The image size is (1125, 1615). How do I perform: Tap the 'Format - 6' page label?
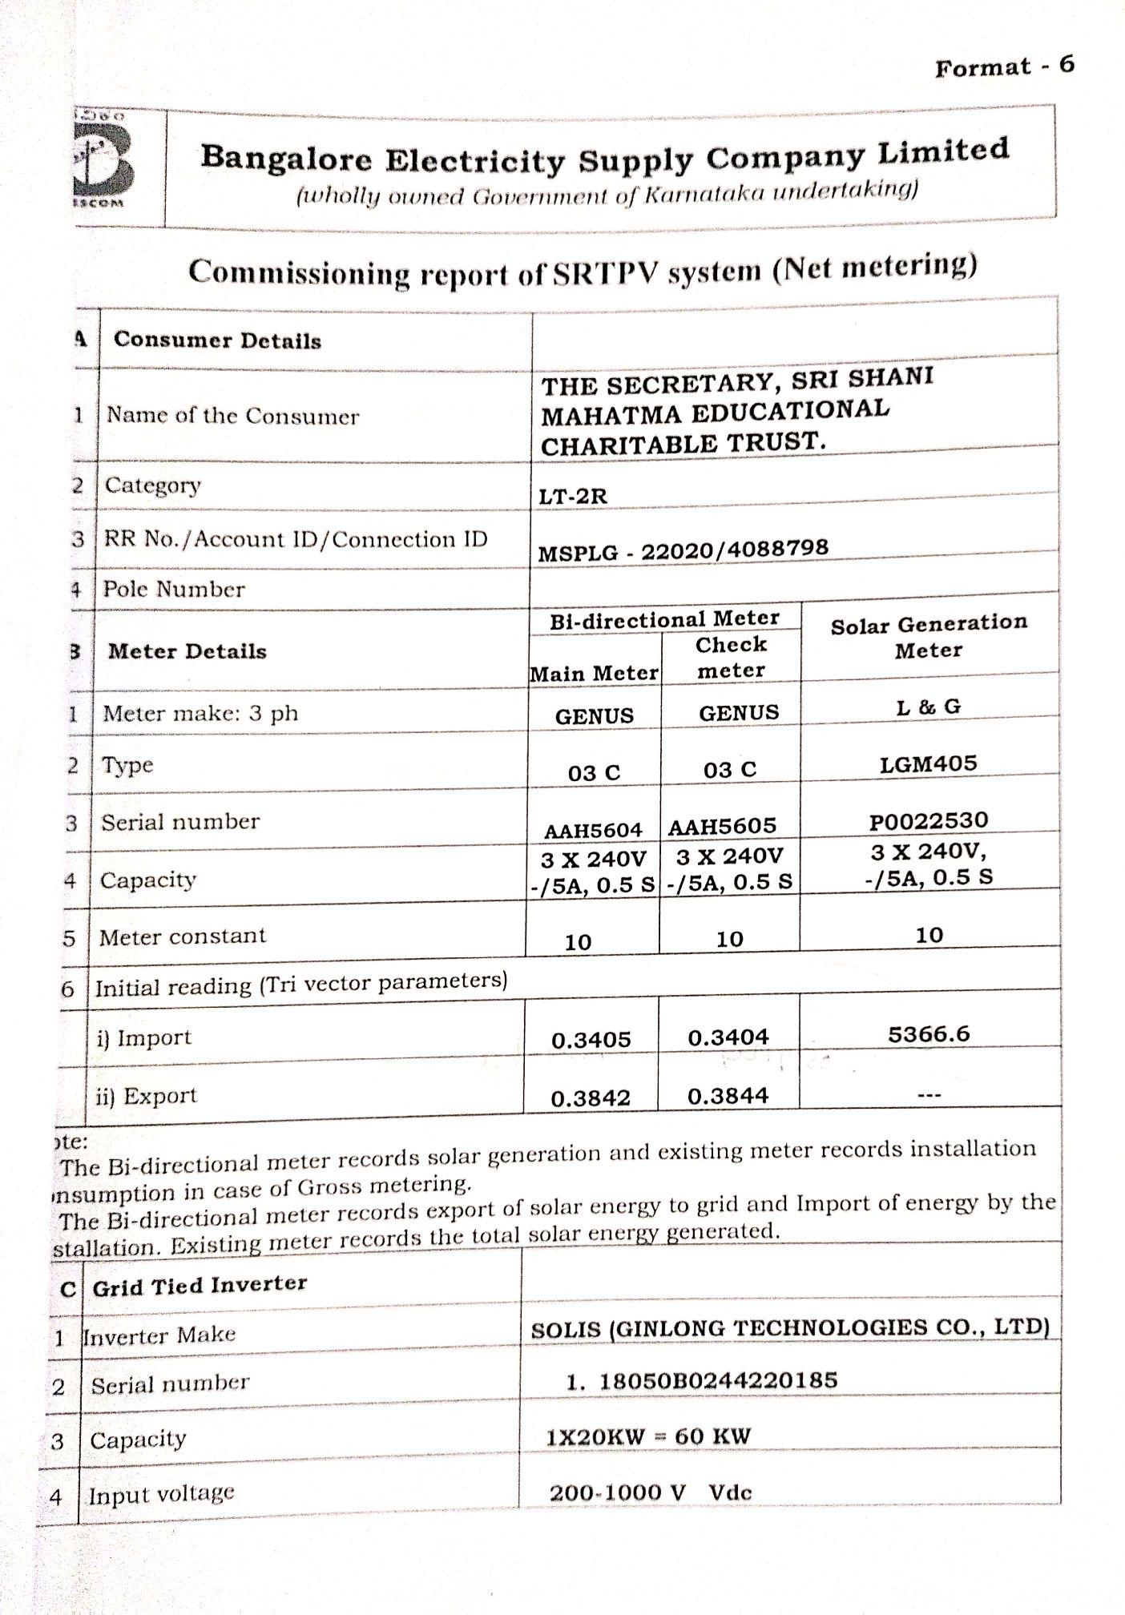[1003, 66]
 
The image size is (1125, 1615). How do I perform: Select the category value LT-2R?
[572, 497]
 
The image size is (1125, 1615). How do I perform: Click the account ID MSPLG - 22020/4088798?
[683, 550]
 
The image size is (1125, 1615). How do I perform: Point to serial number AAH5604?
[593, 831]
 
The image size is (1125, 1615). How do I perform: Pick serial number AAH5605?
[722, 827]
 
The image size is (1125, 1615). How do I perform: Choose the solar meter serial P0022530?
[928, 821]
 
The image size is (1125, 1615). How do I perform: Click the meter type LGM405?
[928, 763]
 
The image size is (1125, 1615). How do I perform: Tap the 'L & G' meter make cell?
[928, 707]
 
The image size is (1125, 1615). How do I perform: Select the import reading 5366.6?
[928, 1034]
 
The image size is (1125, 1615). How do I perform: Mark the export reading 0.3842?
[591, 1098]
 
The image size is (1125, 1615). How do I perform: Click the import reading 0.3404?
[728, 1037]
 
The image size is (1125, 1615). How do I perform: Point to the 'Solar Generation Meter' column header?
[928, 637]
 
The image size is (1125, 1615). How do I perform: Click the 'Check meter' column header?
[730, 658]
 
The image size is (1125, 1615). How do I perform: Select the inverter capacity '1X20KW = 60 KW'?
[647, 1436]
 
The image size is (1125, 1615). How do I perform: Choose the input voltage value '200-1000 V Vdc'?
[650, 1492]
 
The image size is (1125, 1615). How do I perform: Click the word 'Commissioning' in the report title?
[299, 273]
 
